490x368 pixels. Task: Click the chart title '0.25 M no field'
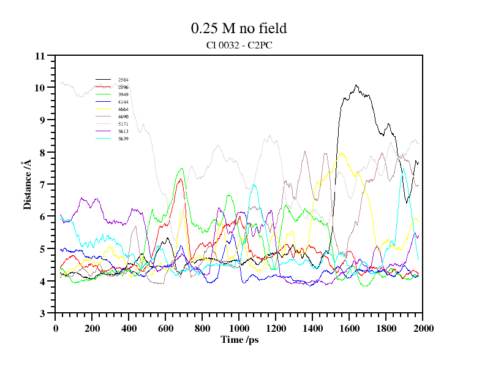pyautogui.click(x=239, y=28)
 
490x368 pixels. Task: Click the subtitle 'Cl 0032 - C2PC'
pyautogui.click(x=239, y=45)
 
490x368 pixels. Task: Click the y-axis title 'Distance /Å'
pyautogui.click(x=28, y=185)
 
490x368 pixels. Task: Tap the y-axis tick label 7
pyautogui.click(x=42, y=185)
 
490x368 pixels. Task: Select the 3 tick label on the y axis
pyautogui.click(x=42, y=313)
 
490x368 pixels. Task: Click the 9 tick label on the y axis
pyautogui.click(x=42, y=120)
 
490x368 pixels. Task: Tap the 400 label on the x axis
pyautogui.click(x=129, y=328)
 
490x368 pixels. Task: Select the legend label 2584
pyautogui.click(x=123, y=80)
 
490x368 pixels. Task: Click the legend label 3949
pyautogui.click(x=123, y=94)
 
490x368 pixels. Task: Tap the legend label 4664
pyautogui.click(x=123, y=109)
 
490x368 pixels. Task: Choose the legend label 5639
pyautogui.click(x=123, y=139)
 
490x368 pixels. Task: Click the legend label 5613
pyautogui.click(x=123, y=131)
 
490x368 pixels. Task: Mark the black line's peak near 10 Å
pyautogui.click(x=356, y=85)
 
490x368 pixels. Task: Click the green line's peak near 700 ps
pyautogui.click(x=181, y=169)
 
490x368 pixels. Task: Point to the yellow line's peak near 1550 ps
pyautogui.click(x=341, y=153)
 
